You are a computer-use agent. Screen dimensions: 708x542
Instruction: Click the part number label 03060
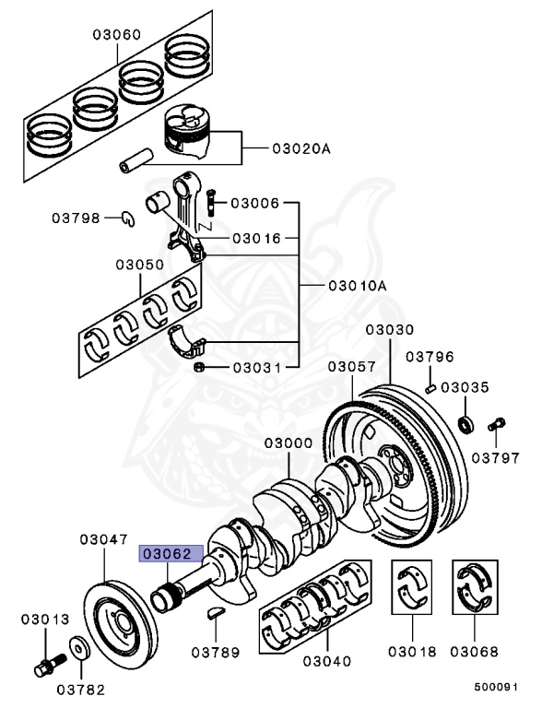(x=116, y=35)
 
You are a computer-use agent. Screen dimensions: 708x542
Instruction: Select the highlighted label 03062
(x=164, y=554)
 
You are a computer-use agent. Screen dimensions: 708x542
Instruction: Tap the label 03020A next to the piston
(x=300, y=148)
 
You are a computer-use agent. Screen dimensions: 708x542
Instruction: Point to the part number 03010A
(x=357, y=286)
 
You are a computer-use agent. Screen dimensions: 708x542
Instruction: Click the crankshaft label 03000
(x=289, y=443)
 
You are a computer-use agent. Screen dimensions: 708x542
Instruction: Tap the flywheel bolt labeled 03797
(x=497, y=425)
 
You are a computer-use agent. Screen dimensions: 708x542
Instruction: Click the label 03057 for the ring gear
(x=352, y=367)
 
